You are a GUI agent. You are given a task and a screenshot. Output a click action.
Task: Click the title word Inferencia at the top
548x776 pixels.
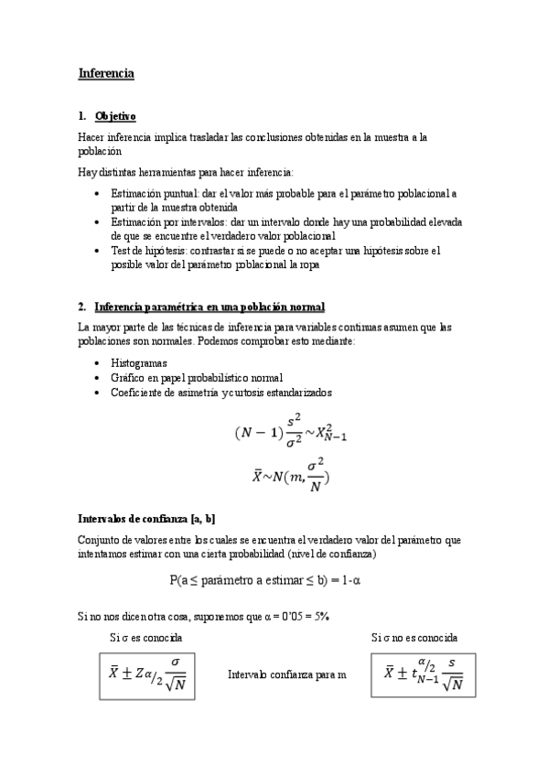pos(106,71)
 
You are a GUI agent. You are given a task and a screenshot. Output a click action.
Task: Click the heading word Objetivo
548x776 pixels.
pos(115,116)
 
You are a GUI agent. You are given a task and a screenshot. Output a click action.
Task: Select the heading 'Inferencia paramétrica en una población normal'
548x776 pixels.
pos(210,306)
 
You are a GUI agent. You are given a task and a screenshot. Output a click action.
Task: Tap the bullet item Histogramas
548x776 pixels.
pos(138,363)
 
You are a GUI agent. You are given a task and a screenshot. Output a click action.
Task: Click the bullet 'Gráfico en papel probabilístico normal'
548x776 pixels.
pos(196,378)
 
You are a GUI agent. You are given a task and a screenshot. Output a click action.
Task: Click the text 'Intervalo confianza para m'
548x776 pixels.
pos(286,674)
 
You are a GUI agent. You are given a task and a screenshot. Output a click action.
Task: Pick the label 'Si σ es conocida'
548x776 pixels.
pos(145,637)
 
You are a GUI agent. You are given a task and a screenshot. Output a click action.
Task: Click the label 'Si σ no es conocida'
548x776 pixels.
pos(414,637)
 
